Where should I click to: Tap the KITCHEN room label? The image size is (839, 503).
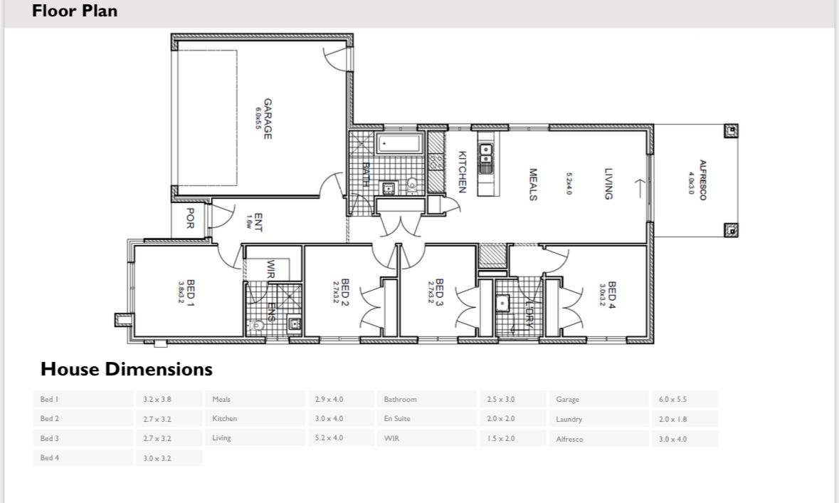[462, 172]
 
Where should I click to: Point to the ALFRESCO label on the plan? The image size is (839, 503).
[702, 180]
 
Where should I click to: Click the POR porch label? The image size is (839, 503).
[190, 219]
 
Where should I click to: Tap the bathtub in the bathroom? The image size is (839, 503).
[399, 144]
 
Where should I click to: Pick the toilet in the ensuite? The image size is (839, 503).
[257, 326]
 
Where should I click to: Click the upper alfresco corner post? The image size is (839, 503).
[731, 131]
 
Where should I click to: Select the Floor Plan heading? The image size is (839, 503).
[75, 11]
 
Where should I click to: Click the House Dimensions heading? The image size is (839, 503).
[127, 369]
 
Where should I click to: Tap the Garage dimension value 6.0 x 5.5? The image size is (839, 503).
[672, 400]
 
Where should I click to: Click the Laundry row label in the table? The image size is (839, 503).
[569, 420]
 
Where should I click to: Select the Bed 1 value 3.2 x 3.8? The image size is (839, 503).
[157, 400]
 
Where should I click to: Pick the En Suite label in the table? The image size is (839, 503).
[397, 419]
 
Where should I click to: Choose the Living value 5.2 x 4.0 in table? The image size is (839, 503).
[329, 438]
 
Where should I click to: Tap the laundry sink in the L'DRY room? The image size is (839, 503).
[503, 302]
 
